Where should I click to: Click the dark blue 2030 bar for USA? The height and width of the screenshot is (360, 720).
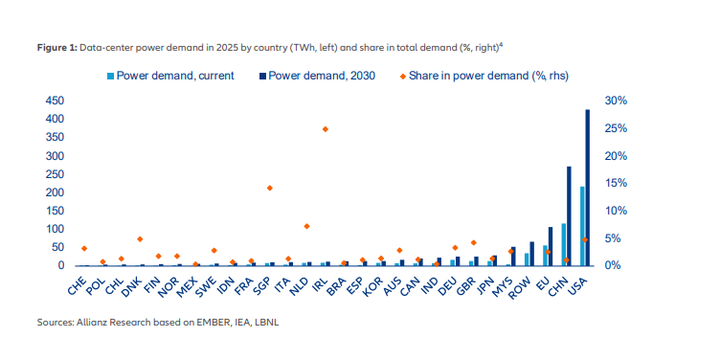[x=587, y=188]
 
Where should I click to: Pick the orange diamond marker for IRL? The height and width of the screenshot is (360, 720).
[x=326, y=129]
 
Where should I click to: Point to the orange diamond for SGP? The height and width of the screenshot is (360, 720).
[x=270, y=188]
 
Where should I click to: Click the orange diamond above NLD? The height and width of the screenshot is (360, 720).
[x=306, y=226]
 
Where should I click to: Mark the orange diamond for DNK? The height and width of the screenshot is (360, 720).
[x=140, y=238]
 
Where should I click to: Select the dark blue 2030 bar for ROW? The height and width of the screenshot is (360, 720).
[x=531, y=254]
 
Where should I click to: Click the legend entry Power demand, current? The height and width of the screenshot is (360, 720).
[x=170, y=76]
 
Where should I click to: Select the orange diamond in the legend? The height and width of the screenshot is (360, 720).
[x=403, y=77]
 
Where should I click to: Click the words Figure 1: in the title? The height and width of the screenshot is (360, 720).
[x=57, y=49]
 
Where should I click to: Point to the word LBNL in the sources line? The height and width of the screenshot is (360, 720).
[x=268, y=323]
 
